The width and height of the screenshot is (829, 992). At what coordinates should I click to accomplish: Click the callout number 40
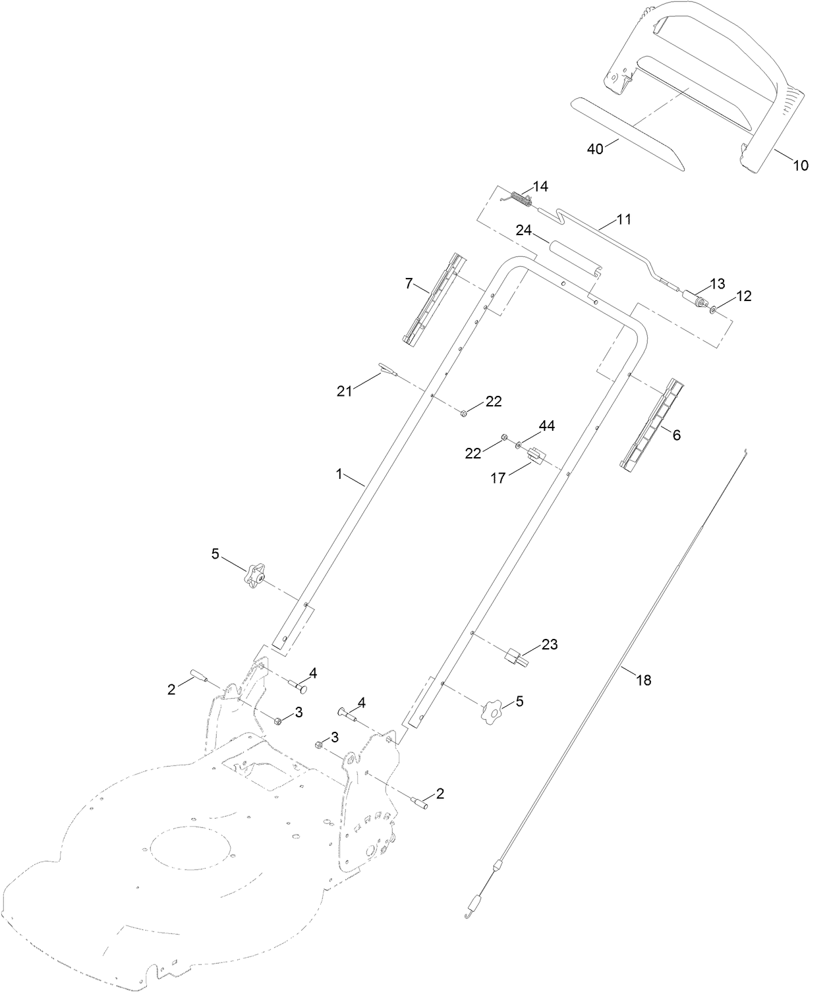[x=595, y=150]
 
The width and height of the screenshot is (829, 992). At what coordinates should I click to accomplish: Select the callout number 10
[x=800, y=166]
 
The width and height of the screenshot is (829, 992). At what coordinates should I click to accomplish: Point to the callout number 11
[x=623, y=219]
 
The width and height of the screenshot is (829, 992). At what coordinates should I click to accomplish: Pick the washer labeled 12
[x=715, y=308]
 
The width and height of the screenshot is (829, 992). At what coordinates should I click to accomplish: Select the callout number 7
[x=409, y=284]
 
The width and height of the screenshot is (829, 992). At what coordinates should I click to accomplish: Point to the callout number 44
[x=547, y=426]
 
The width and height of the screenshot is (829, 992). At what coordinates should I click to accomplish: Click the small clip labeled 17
[x=535, y=455]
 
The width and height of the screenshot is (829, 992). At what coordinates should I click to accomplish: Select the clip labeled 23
[x=514, y=656]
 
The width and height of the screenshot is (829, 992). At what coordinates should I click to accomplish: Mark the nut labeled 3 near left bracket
[x=277, y=720]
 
